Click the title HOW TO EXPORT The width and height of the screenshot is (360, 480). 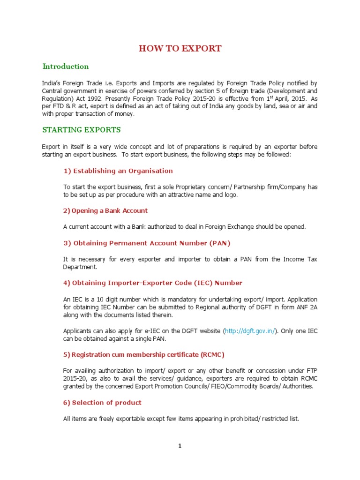(x=180, y=48)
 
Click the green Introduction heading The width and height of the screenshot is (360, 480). (x=66, y=66)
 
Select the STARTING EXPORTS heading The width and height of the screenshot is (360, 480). (x=82, y=129)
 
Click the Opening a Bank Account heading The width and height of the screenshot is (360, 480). (x=105, y=210)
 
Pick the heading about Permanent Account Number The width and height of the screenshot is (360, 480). (x=147, y=243)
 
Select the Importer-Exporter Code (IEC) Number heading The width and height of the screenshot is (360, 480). (x=153, y=283)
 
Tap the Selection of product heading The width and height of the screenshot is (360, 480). (x=102, y=403)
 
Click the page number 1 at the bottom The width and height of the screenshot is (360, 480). (x=180, y=446)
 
